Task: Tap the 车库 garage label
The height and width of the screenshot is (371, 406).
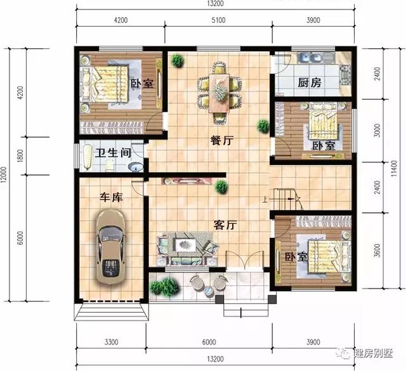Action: coord(112,197)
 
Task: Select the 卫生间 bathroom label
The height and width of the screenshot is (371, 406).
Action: coord(113,153)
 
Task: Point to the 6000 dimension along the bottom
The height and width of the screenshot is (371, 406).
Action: coord(209,342)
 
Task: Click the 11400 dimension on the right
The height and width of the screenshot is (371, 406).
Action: coord(395,170)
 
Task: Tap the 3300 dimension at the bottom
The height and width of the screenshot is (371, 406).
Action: coord(111,342)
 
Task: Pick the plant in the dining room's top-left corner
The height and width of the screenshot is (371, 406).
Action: coord(178,61)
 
